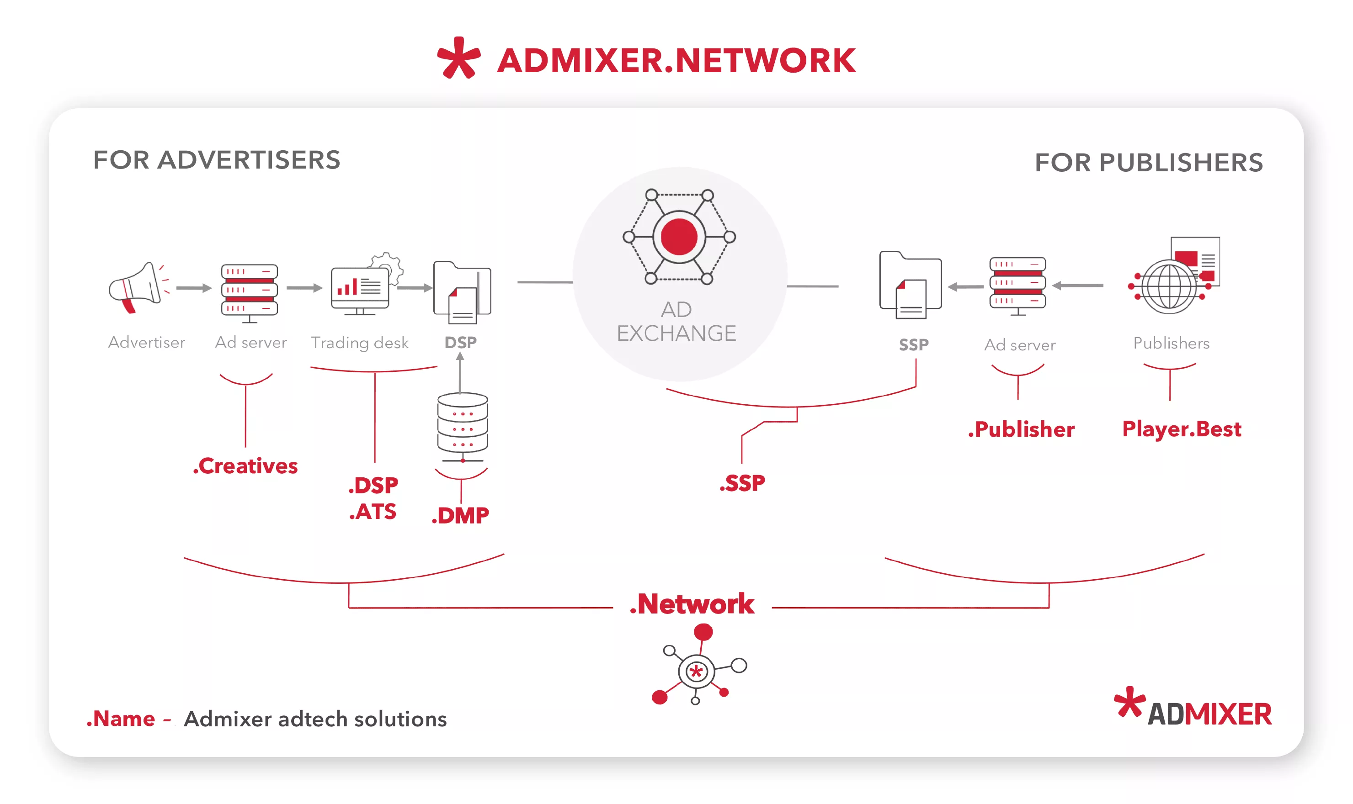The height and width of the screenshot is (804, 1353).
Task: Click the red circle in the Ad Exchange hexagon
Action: click(679, 237)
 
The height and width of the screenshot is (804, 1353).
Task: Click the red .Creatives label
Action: click(245, 466)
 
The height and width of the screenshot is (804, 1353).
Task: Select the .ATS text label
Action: click(373, 512)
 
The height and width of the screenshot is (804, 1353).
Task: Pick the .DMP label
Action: click(460, 515)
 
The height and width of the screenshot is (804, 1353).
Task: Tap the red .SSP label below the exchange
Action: click(742, 483)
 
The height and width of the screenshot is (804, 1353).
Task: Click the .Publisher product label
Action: click(1021, 429)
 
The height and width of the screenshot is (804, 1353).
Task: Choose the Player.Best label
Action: click(1181, 428)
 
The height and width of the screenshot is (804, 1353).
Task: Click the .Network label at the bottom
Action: click(692, 603)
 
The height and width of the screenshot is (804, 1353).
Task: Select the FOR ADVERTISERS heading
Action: click(216, 160)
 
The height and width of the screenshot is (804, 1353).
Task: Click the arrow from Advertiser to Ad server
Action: click(193, 288)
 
